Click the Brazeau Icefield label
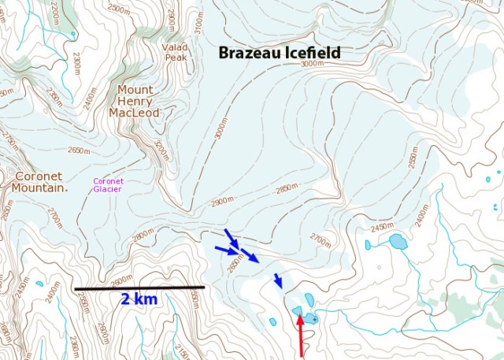click(280, 53)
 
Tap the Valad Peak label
click(175, 52)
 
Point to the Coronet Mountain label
click(38, 182)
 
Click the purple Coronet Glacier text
click(108, 185)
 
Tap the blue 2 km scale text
click(139, 299)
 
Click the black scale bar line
click(139, 288)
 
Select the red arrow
click(300, 335)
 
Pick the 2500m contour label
click(119, 9)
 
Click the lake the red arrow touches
click(298, 311)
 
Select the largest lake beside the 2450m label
click(398, 241)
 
